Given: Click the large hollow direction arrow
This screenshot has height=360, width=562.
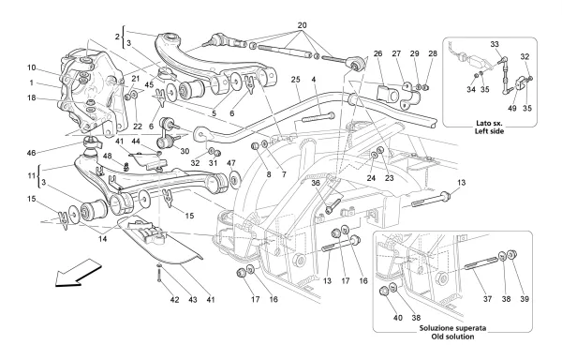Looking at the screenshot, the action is point(77,274).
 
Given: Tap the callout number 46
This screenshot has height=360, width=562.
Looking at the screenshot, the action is point(31,153).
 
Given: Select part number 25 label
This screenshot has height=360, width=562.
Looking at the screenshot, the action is point(295,80).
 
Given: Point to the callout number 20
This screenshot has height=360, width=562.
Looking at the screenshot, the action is point(302,25).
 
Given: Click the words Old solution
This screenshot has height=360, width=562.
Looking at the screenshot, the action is point(452,337).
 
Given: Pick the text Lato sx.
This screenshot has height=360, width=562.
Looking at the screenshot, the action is point(490,124).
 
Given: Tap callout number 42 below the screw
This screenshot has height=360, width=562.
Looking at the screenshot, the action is point(174,300).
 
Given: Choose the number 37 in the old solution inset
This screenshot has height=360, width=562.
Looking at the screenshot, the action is point(487,299).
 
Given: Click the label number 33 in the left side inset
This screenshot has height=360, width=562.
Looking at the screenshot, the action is point(495,44).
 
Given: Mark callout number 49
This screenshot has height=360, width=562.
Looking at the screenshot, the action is point(512,108).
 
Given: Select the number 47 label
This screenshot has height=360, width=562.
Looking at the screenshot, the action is point(231,163).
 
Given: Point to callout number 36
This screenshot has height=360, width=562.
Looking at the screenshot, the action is point(316,183).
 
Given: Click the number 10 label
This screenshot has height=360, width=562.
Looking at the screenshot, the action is point(32,67).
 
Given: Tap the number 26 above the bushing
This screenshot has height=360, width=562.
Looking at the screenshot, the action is point(377,53).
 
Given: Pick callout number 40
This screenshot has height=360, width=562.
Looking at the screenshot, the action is point(398,317).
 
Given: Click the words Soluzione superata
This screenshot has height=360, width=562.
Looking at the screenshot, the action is point(453,328).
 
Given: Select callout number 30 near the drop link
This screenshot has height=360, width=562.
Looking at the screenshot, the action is point(185,152).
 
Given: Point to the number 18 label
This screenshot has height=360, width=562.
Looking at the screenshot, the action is point(32,97).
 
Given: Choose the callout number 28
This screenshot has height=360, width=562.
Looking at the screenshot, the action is point(433,53).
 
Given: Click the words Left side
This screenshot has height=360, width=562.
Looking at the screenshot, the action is point(490,131).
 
